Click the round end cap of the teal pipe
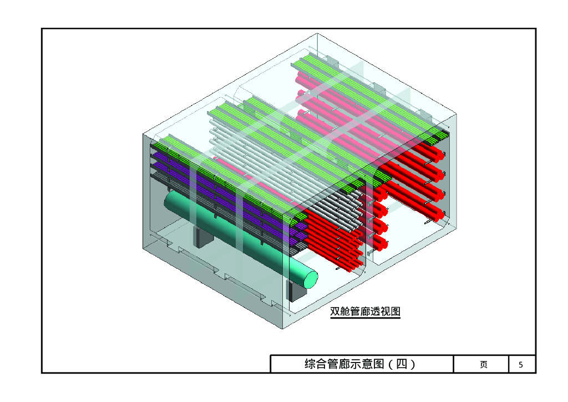click(310, 277)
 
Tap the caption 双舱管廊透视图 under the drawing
click(365, 311)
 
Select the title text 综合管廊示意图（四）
click(361, 364)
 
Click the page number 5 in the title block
click(520, 365)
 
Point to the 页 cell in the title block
click(484, 365)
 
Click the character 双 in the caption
click(335, 311)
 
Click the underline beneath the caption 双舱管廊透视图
click(365, 318)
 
